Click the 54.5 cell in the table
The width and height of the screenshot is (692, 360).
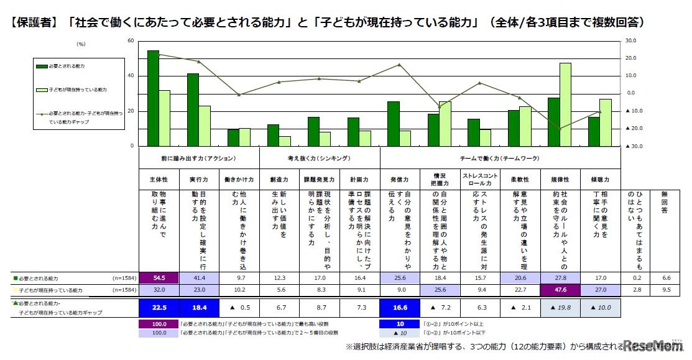tap(159, 278)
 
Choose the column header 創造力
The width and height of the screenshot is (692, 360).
tap(279, 180)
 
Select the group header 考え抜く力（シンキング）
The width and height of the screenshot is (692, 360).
tap(318, 159)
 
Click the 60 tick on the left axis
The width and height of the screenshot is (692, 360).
tap(131, 40)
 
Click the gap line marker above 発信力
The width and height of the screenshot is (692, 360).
tap(399, 65)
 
